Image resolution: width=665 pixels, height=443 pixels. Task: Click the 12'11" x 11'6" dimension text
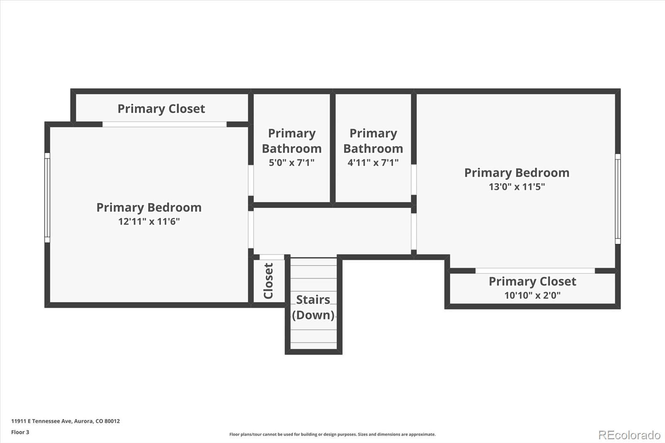point(149,221)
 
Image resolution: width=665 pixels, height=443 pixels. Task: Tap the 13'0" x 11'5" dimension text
point(517,187)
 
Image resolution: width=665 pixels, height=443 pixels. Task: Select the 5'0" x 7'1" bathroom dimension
point(291,162)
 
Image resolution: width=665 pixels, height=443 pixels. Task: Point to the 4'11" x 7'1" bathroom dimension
point(373,162)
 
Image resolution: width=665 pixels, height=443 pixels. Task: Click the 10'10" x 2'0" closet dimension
point(532,295)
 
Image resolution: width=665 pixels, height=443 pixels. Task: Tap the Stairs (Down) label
point(313,307)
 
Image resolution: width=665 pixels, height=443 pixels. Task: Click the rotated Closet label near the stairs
point(268,281)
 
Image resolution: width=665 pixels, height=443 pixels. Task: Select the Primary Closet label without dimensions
point(161,109)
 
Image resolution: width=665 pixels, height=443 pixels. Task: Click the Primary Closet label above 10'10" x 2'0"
point(532,281)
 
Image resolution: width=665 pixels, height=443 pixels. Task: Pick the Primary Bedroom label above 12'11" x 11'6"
point(149,207)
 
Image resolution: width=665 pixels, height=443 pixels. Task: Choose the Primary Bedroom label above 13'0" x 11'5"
point(517,172)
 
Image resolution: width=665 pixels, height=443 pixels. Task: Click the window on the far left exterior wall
point(47,197)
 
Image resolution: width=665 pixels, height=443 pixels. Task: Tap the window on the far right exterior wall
point(618,199)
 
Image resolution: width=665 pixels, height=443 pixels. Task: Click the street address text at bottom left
point(65,421)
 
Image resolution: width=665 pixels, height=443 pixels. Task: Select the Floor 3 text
point(20,432)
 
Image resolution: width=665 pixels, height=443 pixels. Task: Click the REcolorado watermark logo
point(629,435)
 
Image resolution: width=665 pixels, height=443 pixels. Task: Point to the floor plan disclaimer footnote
point(332,434)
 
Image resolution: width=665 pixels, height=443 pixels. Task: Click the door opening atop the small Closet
point(272,257)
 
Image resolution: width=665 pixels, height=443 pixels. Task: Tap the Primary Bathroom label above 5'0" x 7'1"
point(291,141)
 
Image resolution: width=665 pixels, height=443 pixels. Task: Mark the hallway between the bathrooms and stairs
point(332,231)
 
